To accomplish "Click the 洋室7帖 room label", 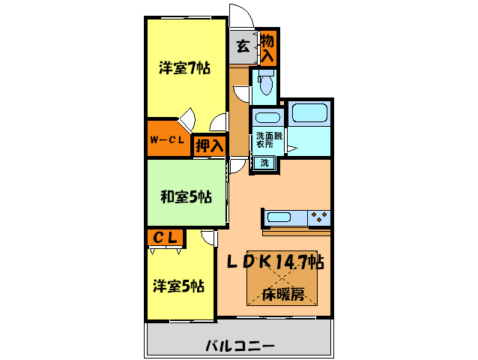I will pos(184,68).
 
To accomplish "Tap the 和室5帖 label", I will pos(185,197).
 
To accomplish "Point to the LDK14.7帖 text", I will pos(276,262).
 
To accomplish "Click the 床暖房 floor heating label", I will pos(282,293).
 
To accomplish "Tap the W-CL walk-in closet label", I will pos(167,139).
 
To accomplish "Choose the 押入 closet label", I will pos(209,146).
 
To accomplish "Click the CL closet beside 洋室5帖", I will pos(166,238).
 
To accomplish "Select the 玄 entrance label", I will pos(243,46).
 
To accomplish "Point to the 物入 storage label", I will pos(267,47).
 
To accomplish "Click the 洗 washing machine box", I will pos(264,163).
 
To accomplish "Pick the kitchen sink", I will pos(279,217).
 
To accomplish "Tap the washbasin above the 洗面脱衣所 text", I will pos(267,117).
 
